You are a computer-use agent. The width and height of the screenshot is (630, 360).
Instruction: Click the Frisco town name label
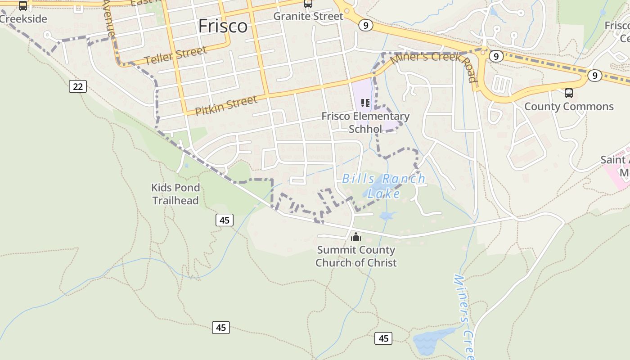click(x=223, y=26)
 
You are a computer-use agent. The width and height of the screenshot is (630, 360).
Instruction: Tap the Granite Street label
click(x=308, y=16)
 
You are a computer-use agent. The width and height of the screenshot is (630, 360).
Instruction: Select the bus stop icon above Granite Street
click(x=308, y=4)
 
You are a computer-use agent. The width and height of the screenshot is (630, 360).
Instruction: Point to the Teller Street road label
click(x=176, y=56)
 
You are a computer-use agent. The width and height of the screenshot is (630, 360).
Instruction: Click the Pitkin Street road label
click(x=226, y=105)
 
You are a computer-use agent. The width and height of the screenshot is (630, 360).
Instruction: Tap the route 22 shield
click(x=78, y=86)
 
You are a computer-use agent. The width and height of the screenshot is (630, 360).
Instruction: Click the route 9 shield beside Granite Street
click(x=366, y=25)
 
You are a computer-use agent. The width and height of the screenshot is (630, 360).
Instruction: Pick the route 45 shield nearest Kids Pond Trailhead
click(x=225, y=220)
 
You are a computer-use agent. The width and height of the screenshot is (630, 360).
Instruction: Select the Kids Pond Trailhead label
click(x=175, y=194)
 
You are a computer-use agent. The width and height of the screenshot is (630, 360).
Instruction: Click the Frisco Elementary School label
click(x=365, y=122)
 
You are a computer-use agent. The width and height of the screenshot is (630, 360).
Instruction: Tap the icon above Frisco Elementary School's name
click(x=365, y=103)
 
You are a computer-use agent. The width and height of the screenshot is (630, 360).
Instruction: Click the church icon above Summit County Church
click(x=356, y=236)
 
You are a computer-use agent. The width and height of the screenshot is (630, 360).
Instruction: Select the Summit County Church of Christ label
click(x=356, y=256)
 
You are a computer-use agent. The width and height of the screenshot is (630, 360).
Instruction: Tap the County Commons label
click(x=569, y=107)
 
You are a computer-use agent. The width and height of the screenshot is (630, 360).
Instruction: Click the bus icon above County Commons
click(x=569, y=93)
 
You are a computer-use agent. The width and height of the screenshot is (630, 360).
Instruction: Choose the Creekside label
click(x=23, y=19)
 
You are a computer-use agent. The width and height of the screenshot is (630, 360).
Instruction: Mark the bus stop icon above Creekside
click(x=23, y=6)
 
